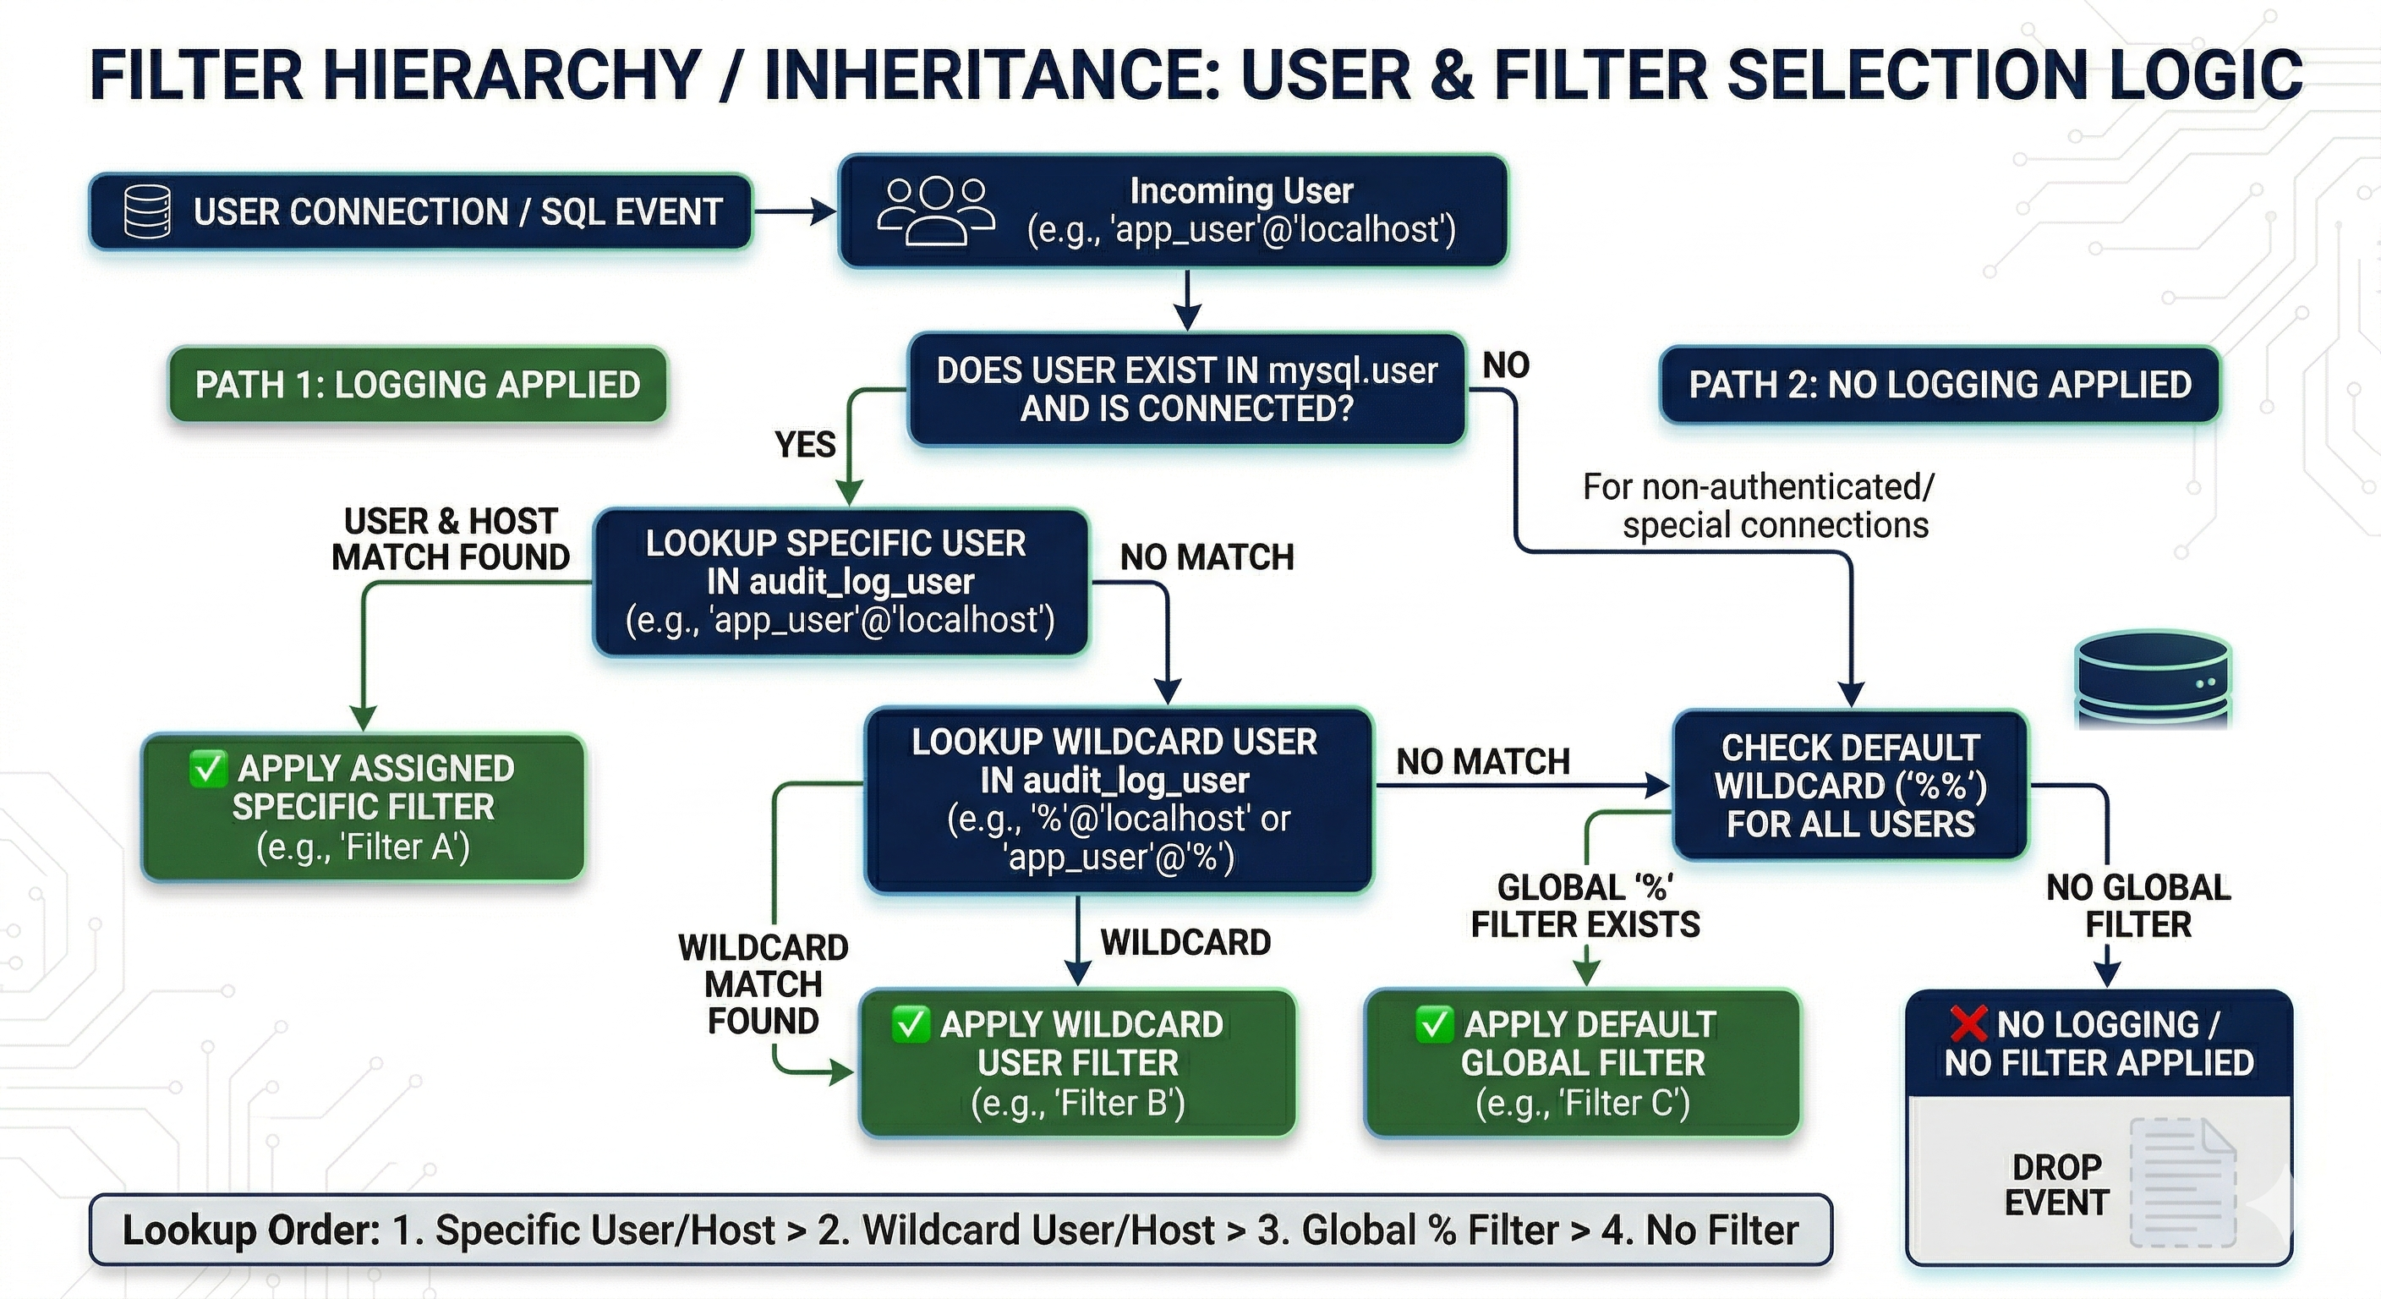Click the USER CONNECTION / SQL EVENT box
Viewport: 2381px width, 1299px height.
coord(420,211)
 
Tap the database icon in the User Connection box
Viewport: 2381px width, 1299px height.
coord(147,211)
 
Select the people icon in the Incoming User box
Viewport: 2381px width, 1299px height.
coord(935,211)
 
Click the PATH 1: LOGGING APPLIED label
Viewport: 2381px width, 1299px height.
coord(417,385)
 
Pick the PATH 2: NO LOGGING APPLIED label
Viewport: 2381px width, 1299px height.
coord(1939,385)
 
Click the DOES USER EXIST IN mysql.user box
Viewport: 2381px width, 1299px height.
coord(1187,389)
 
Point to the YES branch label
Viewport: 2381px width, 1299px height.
coord(804,445)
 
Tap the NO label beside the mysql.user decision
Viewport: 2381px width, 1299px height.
coord(1506,365)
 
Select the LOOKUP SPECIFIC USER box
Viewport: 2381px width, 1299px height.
coord(840,582)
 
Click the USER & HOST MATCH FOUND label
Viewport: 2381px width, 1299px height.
coord(450,539)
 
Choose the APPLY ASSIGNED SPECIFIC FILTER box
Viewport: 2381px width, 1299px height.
coord(363,807)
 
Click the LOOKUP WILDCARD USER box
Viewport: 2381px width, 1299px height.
coord(1118,800)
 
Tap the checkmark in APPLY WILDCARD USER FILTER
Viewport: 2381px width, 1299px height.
coord(910,1023)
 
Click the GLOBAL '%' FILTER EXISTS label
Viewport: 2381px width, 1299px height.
coord(1585,906)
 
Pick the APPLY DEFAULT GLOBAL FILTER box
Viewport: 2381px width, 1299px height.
coord(1583,1063)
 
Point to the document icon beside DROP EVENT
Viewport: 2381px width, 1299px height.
coord(2183,1182)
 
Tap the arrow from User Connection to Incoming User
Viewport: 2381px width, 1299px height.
coord(794,211)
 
